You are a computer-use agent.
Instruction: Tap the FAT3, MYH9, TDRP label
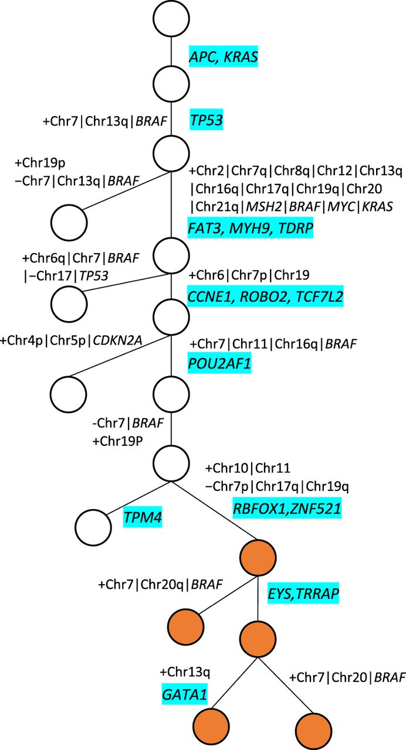click(x=251, y=226)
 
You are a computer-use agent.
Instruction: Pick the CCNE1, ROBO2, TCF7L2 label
click(x=265, y=296)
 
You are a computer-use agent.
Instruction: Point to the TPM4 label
click(x=143, y=517)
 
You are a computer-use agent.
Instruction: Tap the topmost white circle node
click(x=170, y=18)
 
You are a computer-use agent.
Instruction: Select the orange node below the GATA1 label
click(x=211, y=726)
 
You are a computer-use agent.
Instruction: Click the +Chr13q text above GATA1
click(x=185, y=671)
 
